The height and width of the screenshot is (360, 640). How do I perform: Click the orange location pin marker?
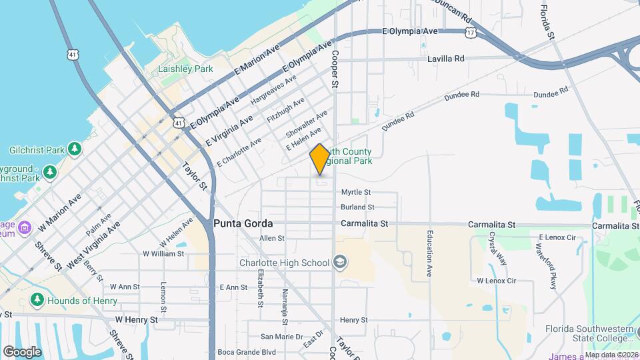click(319, 159)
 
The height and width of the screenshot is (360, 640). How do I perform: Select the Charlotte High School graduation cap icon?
click(341, 262)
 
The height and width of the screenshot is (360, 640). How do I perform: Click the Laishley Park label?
click(185, 69)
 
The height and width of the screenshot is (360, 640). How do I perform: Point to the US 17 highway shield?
click(471, 32)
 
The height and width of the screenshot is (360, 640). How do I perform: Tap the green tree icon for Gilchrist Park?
click(75, 148)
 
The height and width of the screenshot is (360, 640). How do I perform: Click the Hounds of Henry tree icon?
click(37, 300)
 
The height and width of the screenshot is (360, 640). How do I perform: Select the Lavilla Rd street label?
click(445, 59)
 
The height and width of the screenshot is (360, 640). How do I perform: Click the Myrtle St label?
click(355, 192)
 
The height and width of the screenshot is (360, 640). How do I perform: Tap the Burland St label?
click(357, 207)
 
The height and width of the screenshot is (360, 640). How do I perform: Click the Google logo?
click(22, 351)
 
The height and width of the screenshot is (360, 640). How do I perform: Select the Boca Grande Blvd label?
click(247, 352)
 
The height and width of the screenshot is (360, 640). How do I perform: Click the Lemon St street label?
click(163, 297)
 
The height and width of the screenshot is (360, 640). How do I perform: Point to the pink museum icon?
click(25, 228)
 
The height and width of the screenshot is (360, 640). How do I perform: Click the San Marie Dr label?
click(281, 337)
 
